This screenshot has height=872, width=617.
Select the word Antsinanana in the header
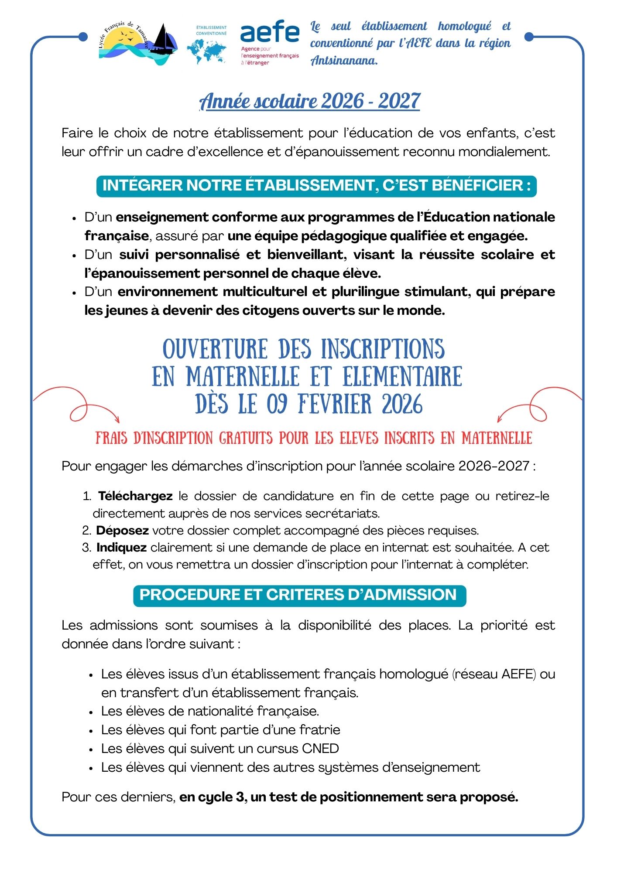(344, 61)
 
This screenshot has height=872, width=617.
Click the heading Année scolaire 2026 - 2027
(309, 101)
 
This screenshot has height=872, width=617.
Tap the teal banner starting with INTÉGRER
(316, 186)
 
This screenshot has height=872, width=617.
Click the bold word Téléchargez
(135, 496)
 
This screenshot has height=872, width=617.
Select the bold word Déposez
(123, 531)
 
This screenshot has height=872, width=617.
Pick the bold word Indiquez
(122, 548)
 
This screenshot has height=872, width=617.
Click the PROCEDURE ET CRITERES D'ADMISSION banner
(299, 595)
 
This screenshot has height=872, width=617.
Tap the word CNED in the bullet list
(320, 749)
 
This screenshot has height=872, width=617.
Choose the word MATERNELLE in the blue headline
(243, 377)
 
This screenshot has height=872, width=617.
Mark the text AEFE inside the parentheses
(518, 674)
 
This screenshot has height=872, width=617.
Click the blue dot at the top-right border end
(529, 37)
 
